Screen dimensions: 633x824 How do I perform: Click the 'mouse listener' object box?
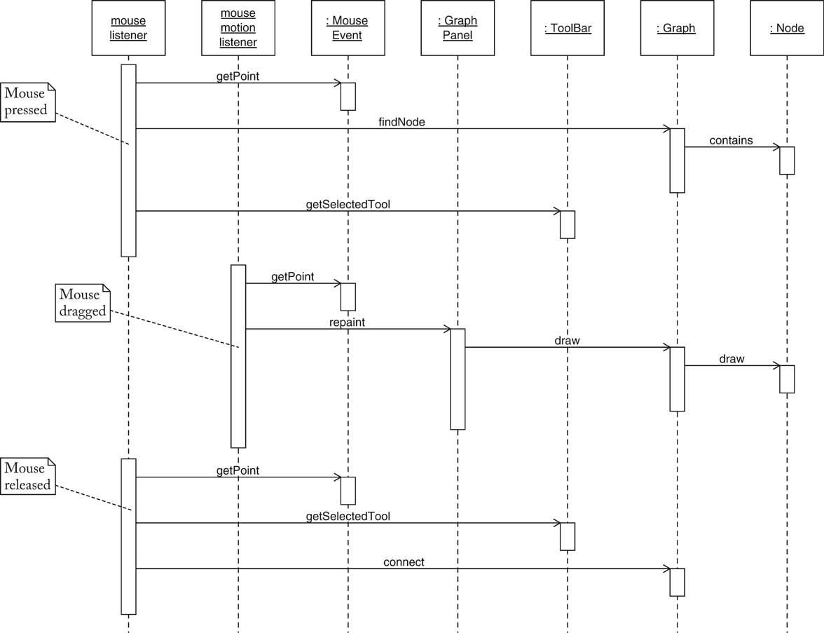pos(128,28)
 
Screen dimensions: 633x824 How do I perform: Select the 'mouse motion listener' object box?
pos(238,28)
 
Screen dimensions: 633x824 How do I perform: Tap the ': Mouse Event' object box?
pos(347,28)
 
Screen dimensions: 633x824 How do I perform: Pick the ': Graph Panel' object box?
pos(457,28)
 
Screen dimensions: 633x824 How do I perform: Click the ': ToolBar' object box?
pos(567,28)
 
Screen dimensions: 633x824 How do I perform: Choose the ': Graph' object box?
pos(676,28)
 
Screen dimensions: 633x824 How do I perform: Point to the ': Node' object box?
pos(786,28)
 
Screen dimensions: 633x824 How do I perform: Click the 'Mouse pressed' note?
pos(28,102)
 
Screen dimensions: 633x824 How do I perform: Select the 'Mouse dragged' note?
pos(83,303)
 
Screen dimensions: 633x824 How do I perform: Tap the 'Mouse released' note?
pos(28,477)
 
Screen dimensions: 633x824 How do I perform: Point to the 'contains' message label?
pos(731,140)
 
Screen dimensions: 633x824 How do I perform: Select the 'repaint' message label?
pos(347,322)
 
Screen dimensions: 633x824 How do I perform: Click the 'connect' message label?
pos(404,562)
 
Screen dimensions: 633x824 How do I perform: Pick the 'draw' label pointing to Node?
pos(732,359)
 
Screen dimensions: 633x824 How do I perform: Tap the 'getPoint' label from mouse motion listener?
pos(292,277)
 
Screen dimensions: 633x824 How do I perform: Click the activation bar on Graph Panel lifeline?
pos(458,379)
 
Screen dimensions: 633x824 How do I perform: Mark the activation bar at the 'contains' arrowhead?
pos(787,161)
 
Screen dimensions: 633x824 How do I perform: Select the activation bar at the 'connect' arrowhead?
pos(677,582)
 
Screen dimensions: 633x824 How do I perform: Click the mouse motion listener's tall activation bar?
pos(238,356)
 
